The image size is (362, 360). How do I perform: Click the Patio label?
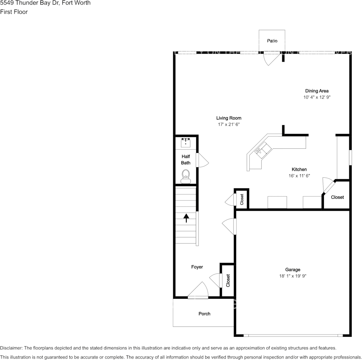pyautogui.click(x=272, y=41)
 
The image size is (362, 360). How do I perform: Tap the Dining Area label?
pyautogui.click(x=317, y=91)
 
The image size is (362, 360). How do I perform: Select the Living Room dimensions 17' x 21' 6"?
pyautogui.click(x=229, y=124)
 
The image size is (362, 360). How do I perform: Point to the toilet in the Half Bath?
pyautogui.click(x=186, y=176)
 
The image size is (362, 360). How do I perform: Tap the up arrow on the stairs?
pyautogui.click(x=186, y=218)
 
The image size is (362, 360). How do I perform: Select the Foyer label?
pyautogui.click(x=197, y=267)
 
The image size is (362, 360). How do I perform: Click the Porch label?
pyautogui.click(x=204, y=314)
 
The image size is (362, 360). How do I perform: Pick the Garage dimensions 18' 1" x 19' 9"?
pyautogui.click(x=293, y=276)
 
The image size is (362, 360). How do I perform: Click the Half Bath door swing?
pyautogui.click(x=202, y=160)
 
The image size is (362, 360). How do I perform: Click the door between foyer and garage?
pyautogui.click(x=229, y=226)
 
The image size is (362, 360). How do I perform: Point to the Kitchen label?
pyautogui.click(x=299, y=169)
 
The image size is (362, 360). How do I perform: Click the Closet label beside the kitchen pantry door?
pyautogui.click(x=337, y=197)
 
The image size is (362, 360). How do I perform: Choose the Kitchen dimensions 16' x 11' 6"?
pyautogui.click(x=299, y=176)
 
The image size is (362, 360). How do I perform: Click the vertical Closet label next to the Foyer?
pyautogui.click(x=228, y=281)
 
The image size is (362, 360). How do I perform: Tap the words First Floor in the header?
pyautogui.click(x=14, y=12)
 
